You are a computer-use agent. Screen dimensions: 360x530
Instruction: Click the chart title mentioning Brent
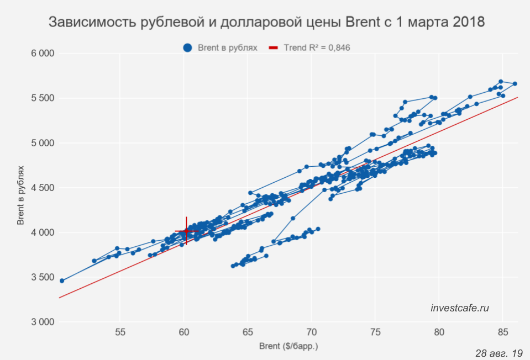coord(267,23)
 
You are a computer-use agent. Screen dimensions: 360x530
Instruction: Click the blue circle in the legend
coord(188,48)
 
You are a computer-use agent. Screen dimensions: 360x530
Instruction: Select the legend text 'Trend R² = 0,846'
coord(317,48)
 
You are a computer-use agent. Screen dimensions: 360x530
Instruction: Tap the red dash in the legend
coord(274,48)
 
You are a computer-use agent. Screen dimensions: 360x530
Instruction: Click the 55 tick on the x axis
coord(120,332)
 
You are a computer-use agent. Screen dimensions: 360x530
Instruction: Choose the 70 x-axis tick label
coord(312,332)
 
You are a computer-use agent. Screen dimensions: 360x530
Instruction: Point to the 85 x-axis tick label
coord(503,332)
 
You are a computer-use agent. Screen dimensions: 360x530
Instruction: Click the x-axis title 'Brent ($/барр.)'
coord(289,346)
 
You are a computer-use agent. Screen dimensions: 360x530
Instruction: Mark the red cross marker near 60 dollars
coord(186,231)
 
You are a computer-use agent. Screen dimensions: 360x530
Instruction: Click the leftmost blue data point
coord(62,280)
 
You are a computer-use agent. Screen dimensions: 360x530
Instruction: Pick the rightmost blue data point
coord(515,84)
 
